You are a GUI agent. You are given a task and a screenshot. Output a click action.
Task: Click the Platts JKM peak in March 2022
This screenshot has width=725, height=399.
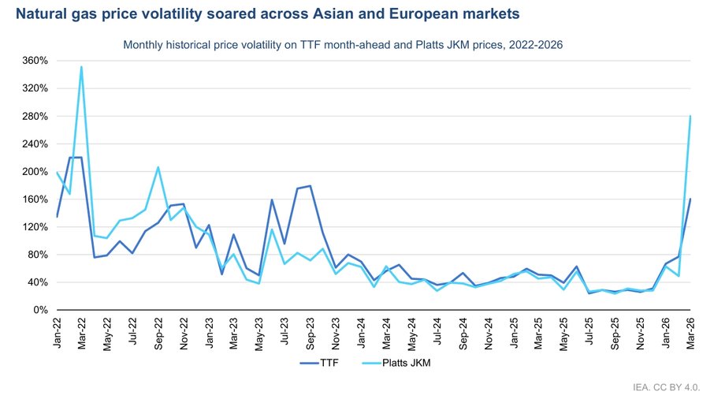82,67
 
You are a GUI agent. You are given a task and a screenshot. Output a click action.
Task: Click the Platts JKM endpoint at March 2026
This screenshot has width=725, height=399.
690,117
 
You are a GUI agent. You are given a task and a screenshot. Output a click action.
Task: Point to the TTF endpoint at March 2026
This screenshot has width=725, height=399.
690,199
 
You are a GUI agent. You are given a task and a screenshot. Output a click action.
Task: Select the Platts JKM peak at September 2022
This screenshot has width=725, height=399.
158,167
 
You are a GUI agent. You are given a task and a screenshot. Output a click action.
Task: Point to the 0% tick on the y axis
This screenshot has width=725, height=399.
41,310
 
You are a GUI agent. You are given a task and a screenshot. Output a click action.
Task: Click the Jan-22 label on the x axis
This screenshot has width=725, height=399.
58,334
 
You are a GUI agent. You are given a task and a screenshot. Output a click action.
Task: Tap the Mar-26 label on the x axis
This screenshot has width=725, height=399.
691,334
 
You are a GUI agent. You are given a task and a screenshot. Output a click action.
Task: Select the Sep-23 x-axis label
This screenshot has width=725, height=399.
310,334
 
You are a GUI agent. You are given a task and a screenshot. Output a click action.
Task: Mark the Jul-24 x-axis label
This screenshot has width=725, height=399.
437,334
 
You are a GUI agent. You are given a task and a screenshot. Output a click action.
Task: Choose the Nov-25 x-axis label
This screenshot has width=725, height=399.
640,334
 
